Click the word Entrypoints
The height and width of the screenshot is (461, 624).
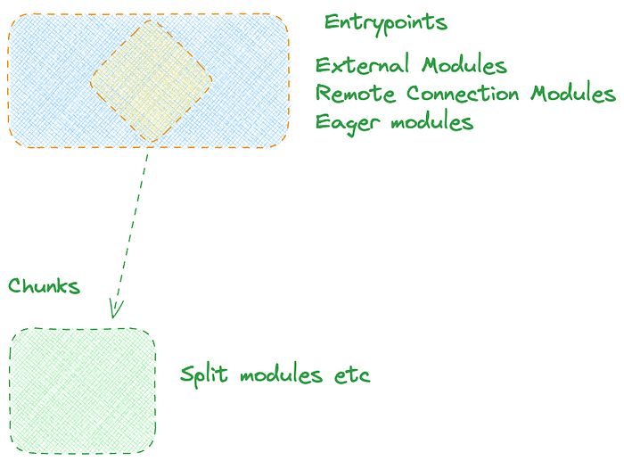(x=385, y=22)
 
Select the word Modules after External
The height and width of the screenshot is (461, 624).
(x=464, y=65)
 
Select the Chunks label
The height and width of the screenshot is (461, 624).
(x=44, y=286)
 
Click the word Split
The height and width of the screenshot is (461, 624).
(x=203, y=375)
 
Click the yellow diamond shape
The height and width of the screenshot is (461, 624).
(x=152, y=80)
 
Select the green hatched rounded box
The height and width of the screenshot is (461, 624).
(x=83, y=390)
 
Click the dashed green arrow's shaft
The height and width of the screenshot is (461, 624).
(x=132, y=223)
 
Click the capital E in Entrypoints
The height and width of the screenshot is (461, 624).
(x=330, y=22)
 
